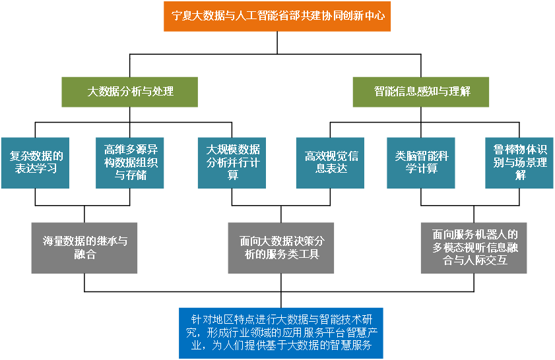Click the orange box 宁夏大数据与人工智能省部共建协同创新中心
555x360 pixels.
click(277, 16)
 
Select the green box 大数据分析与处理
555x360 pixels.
click(130, 92)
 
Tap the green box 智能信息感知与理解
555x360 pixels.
click(421, 92)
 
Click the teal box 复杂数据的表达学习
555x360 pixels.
click(35, 162)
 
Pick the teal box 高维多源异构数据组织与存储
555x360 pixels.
click(130, 162)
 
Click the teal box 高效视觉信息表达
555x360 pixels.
click(330, 162)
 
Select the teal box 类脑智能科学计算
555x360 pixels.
click(420, 162)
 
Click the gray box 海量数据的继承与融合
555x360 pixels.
click(84, 247)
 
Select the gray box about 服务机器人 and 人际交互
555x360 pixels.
click(474, 247)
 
